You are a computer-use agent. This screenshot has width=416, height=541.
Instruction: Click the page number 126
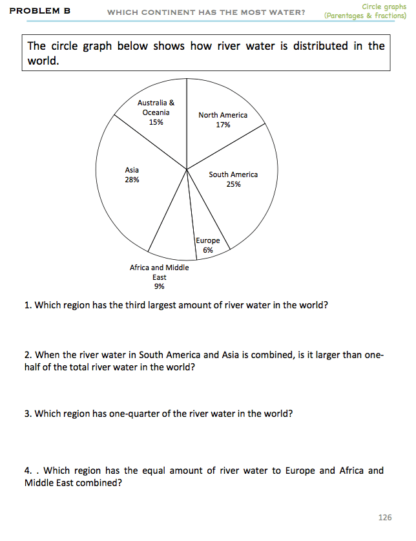(x=384, y=517)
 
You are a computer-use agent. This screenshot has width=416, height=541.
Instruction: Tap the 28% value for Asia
(x=132, y=180)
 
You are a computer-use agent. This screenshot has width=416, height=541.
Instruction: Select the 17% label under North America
(x=223, y=125)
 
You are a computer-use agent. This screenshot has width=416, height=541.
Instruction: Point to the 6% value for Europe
(x=208, y=250)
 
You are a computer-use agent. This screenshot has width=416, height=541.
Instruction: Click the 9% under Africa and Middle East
(x=159, y=286)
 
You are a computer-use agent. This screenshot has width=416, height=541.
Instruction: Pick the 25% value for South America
(x=233, y=184)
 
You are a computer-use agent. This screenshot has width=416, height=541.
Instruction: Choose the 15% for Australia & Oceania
(x=156, y=122)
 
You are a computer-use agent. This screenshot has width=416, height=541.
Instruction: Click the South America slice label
(x=233, y=175)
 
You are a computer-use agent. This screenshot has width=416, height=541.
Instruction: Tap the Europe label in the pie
(x=208, y=240)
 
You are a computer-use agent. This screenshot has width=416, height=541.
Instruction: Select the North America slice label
(x=223, y=115)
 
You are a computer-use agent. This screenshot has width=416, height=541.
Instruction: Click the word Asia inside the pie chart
(x=132, y=170)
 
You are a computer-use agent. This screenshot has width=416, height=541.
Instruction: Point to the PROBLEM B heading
(x=40, y=11)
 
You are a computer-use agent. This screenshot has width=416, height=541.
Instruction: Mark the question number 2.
(x=27, y=355)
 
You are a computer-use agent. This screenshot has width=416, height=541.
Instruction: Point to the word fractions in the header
(x=390, y=15)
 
